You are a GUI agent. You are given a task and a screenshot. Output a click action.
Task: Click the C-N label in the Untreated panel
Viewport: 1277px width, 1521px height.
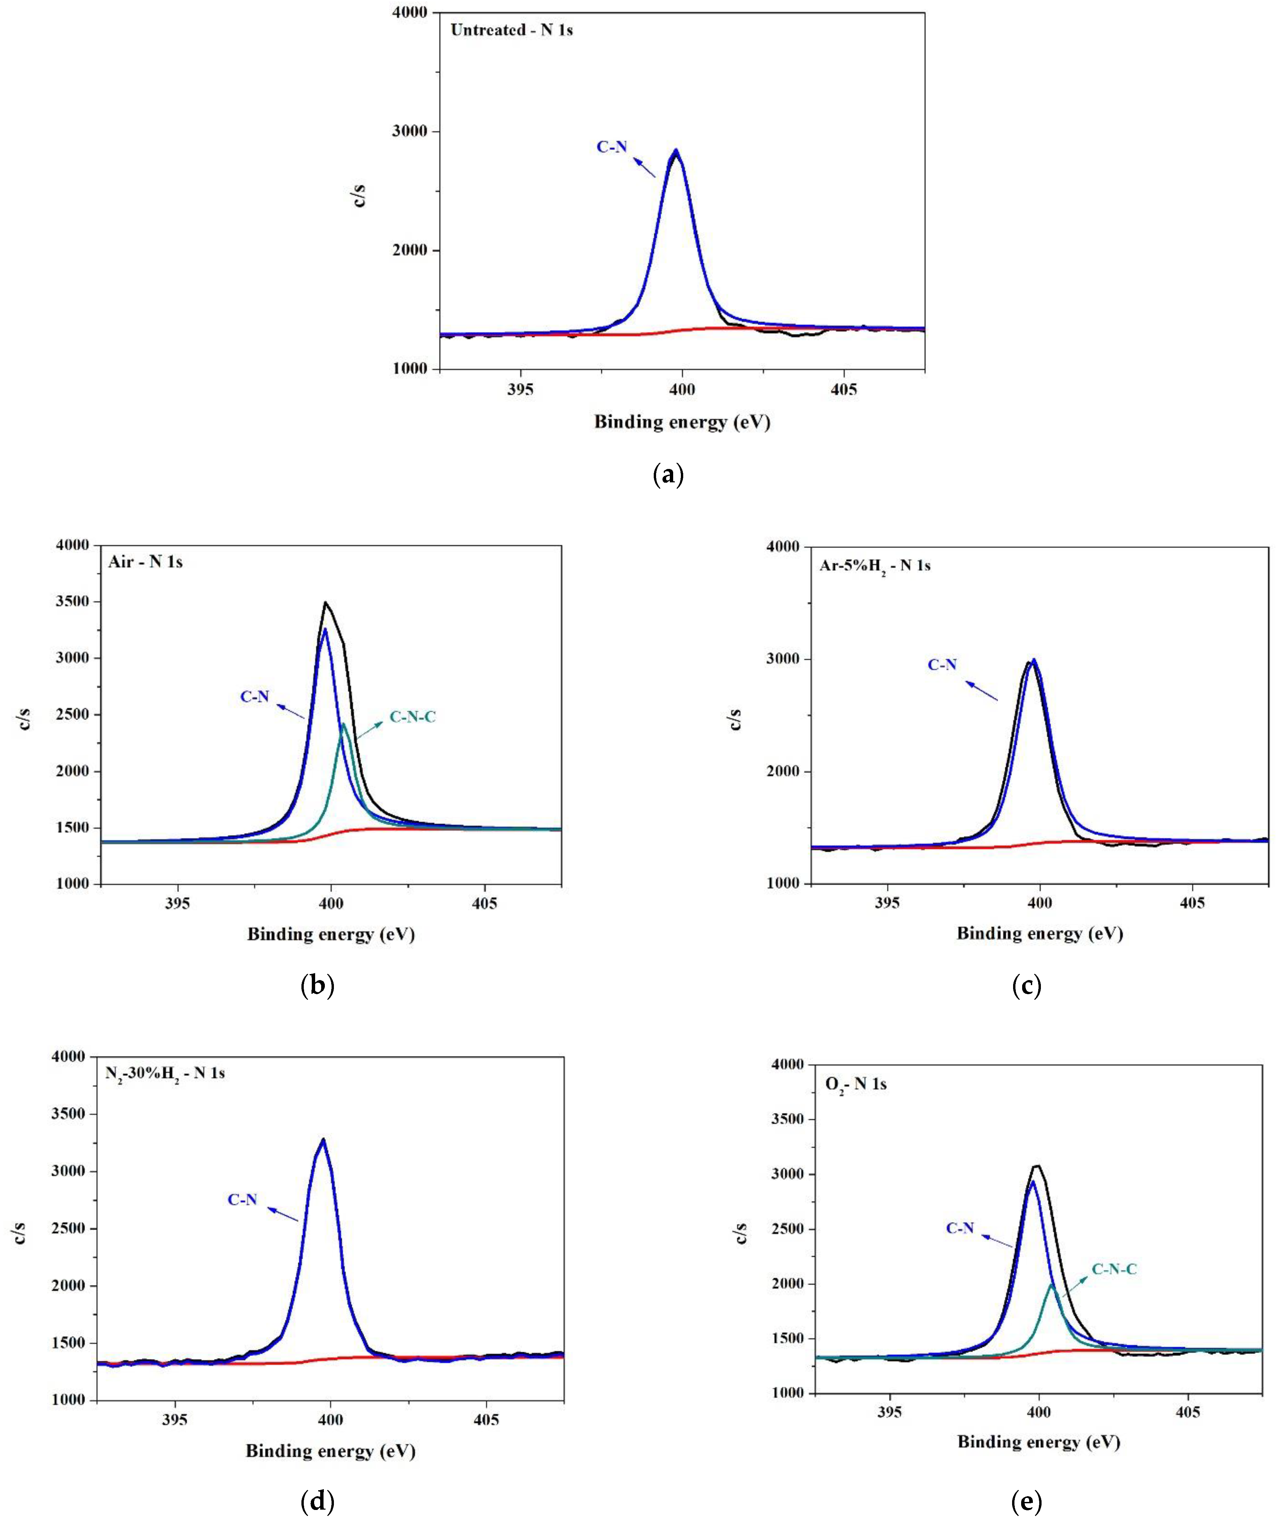pyautogui.click(x=612, y=147)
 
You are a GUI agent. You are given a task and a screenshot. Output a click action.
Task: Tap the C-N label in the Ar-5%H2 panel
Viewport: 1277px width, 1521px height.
pyautogui.click(x=942, y=664)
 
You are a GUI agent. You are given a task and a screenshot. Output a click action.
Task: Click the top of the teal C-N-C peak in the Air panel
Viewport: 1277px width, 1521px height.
pyautogui.click(x=343, y=724)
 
